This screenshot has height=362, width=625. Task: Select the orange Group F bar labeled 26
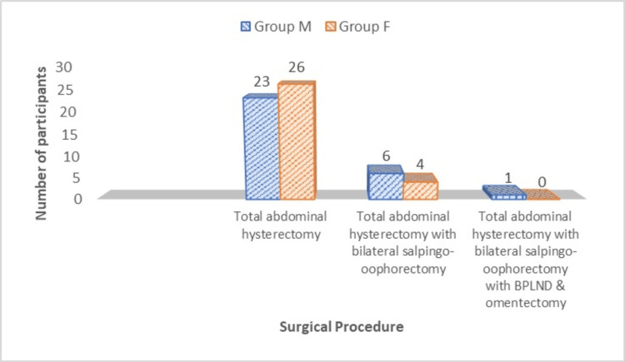tap(297, 141)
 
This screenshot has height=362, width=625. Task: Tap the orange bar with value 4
tap(420, 189)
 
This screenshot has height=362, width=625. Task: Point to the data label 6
tap(387, 156)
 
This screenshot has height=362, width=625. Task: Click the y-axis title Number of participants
tap(40, 133)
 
